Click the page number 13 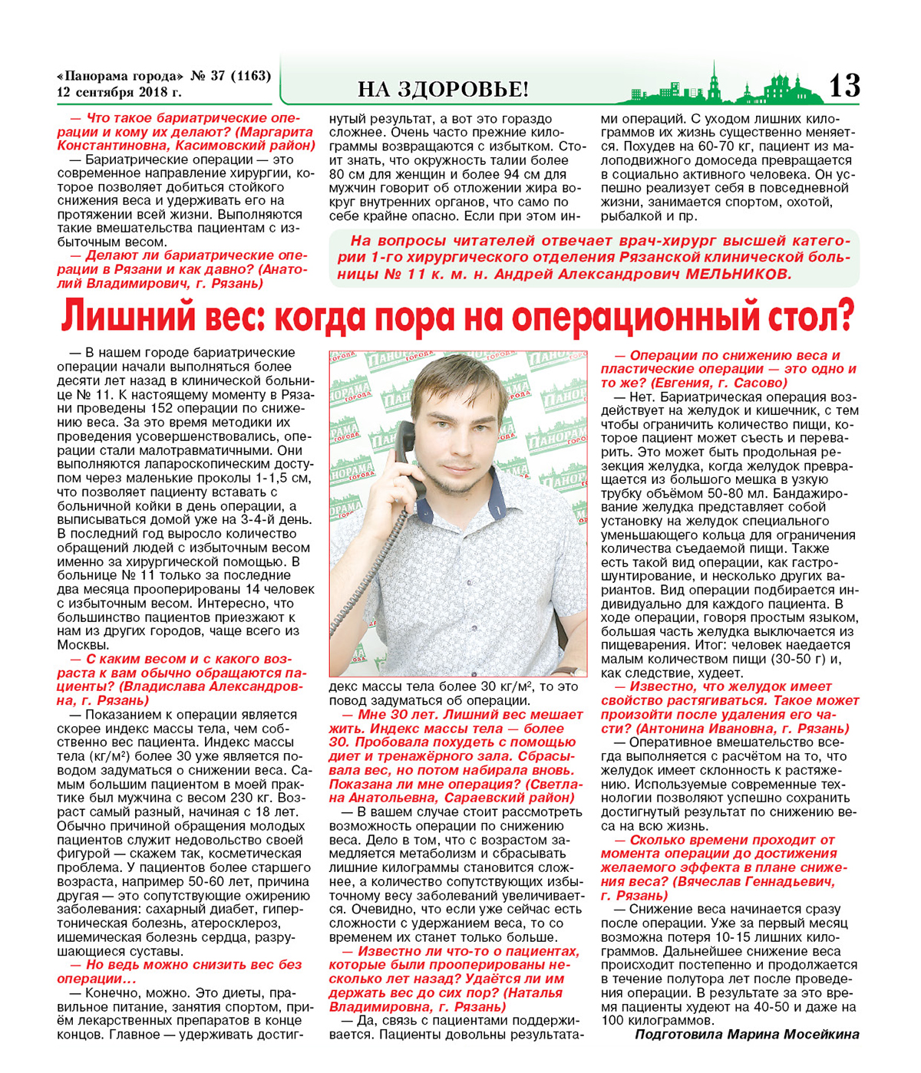tap(843, 85)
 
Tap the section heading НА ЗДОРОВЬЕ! tap(443, 90)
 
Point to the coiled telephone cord tap(368, 583)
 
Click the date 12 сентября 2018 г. tap(119, 93)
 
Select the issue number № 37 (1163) tap(230, 76)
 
